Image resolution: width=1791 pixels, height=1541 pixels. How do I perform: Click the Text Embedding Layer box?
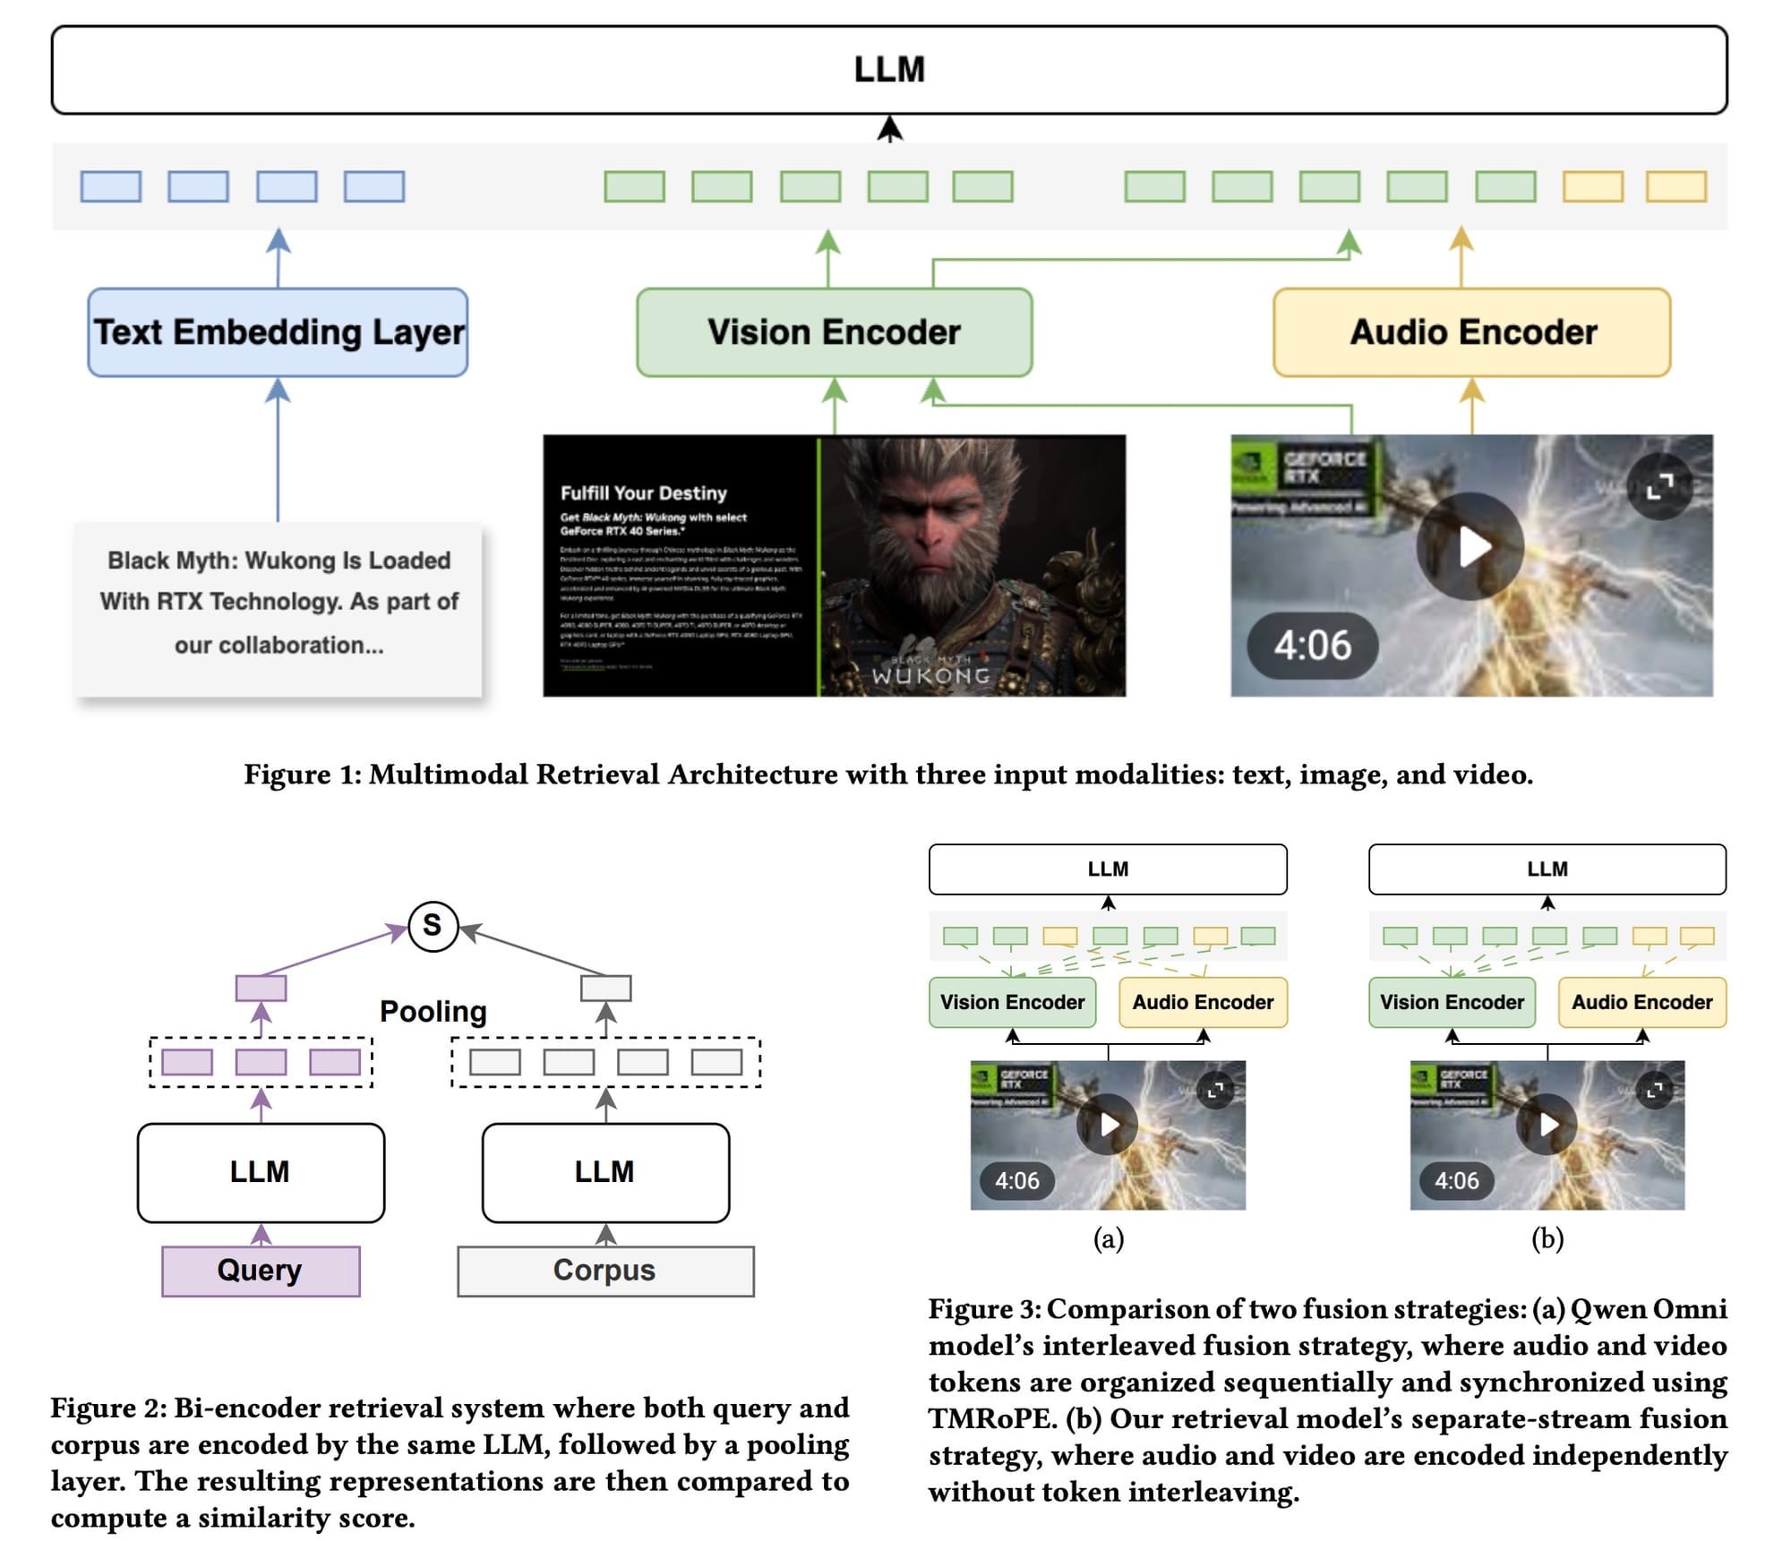coord(278,332)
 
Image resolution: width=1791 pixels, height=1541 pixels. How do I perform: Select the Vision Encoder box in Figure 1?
coord(834,332)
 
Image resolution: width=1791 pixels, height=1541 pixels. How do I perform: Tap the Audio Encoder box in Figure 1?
coord(1472,332)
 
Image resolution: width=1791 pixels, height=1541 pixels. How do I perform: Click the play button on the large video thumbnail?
coord(1470,546)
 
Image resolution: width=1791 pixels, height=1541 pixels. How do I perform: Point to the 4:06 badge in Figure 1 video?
coord(1312,645)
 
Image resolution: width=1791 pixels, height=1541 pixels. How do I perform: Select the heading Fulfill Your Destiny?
coord(644,492)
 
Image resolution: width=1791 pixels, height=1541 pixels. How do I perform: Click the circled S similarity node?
coord(433,925)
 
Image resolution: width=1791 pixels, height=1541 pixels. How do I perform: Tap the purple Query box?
coord(261,1270)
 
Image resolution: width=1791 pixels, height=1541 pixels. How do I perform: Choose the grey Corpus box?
coord(605,1270)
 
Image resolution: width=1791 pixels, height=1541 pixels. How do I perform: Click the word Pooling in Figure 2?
coord(433,1011)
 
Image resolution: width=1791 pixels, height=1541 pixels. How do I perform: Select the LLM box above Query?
coord(261,1172)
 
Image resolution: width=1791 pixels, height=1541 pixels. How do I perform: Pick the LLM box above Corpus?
coord(605,1172)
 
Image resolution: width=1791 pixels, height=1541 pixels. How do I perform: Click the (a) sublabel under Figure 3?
coord(1108,1238)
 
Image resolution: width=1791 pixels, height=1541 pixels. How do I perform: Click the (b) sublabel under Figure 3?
coord(1547,1238)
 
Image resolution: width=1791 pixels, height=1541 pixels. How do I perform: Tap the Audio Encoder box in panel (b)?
coord(1641,1002)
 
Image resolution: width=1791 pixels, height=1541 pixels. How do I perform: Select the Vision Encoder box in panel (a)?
coord(1012,1002)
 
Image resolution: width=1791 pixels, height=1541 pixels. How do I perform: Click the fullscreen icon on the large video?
coord(1659,487)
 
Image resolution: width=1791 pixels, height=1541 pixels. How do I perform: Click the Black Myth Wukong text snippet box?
coord(279,602)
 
